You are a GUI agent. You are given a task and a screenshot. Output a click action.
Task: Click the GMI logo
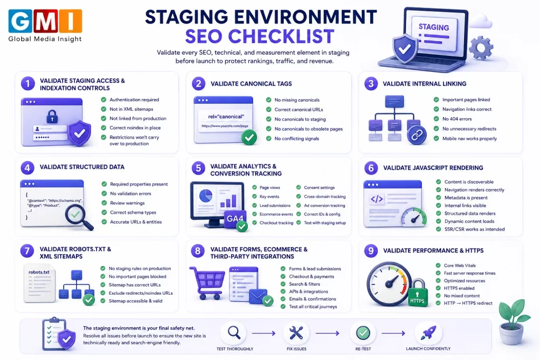45,25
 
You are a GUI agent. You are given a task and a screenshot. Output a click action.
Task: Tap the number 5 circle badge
198,168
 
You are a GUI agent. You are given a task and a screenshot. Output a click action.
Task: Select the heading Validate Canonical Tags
251,84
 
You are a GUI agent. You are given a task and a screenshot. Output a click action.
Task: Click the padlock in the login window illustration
52,116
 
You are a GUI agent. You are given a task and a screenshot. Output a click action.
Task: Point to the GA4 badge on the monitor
235,219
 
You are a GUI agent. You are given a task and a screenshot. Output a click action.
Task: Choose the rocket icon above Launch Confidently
428,333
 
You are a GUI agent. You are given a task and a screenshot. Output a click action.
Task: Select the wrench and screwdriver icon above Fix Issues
296,333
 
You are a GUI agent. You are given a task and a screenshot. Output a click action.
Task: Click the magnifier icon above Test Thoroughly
234,333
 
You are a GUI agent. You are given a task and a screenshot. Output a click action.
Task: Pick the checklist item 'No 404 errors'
457,119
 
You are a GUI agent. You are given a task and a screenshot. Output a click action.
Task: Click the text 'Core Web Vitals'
460,265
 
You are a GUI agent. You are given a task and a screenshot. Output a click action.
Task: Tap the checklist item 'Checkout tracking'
276,222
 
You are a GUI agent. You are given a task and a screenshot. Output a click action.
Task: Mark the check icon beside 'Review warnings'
104,203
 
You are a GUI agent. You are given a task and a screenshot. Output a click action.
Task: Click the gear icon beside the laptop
481,47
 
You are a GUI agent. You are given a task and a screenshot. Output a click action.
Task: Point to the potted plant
514,322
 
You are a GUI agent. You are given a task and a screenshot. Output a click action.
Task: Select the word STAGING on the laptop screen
433,27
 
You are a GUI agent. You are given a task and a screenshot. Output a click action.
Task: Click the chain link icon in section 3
417,135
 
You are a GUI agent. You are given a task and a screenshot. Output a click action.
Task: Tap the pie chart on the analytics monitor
206,196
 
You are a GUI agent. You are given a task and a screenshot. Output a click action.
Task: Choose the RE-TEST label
363,348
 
